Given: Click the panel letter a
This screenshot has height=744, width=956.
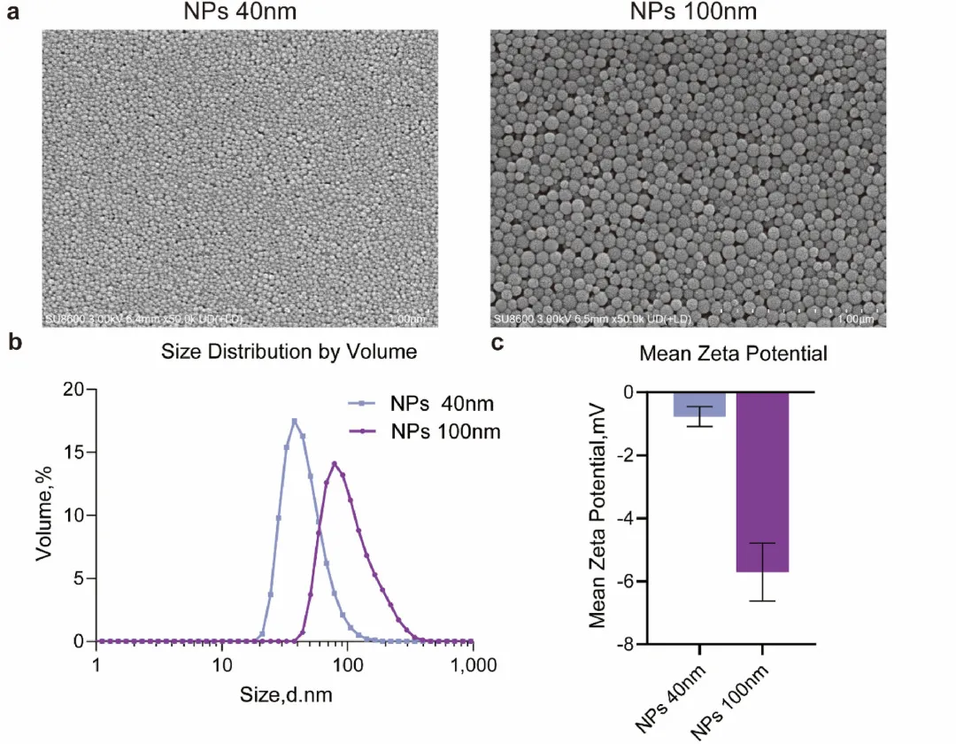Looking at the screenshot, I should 13,15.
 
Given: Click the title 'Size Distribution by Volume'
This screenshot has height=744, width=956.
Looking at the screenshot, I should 289,352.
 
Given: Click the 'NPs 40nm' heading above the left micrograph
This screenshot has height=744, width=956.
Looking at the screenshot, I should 240,12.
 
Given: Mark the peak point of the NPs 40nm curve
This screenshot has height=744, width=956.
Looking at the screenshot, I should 294,421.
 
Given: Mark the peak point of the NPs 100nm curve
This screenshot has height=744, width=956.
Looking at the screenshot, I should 335,462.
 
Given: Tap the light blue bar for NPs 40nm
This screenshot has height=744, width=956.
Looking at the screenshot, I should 699,404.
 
